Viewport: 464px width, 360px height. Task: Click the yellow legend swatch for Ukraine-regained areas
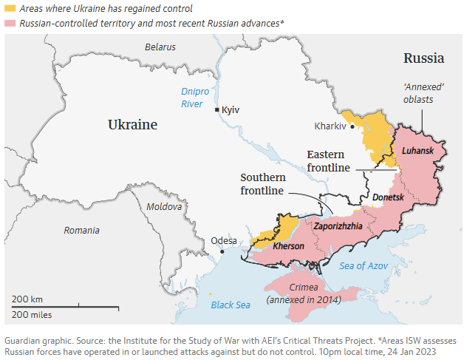click(10, 9)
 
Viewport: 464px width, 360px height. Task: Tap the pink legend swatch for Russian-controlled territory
click(10, 24)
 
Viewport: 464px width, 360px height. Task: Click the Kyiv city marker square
click(216, 109)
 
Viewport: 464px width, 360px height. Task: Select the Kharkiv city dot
click(352, 126)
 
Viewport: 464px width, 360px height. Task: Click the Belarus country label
click(160, 47)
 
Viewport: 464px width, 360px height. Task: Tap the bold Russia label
click(423, 58)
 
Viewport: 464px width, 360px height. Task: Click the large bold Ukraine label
click(132, 124)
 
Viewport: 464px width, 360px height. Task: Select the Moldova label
click(163, 207)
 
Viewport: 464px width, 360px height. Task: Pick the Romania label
click(81, 230)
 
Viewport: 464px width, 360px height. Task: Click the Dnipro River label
click(192, 98)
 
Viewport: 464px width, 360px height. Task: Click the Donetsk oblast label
click(388, 198)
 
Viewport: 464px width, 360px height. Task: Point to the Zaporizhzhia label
click(338, 226)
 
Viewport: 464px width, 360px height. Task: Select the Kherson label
click(288, 245)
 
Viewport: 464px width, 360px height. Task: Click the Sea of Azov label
click(364, 265)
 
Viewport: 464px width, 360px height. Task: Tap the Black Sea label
click(231, 305)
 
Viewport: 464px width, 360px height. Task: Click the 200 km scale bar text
click(27, 299)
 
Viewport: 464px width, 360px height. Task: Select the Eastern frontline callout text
click(329, 161)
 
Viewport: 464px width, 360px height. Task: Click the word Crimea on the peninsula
click(304, 287)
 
